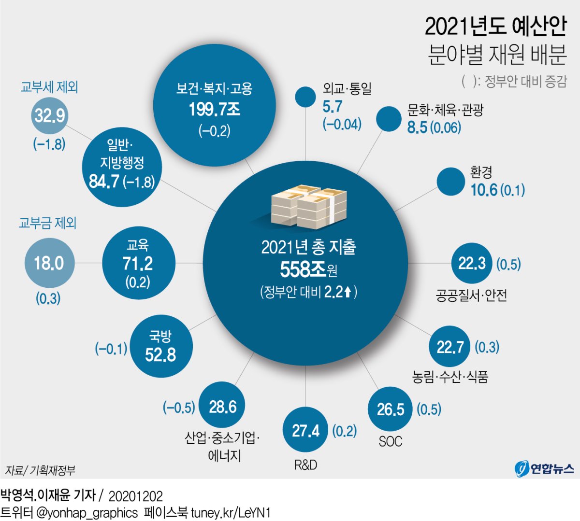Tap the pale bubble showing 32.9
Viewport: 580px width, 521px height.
click(49, 116)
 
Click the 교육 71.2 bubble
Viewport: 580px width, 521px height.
click(138, 263)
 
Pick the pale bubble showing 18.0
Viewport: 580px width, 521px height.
click(49, 263)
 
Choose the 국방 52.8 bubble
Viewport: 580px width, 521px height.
click(161, 346)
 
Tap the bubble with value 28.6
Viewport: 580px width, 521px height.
click(222, 407)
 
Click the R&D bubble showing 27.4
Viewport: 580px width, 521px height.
click(305, 430)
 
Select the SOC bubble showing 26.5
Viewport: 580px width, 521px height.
click(390, 409)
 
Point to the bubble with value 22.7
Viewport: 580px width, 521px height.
click(449, 347)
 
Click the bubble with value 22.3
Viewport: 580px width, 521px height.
click(471, 263)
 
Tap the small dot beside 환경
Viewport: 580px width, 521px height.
click(450, 182)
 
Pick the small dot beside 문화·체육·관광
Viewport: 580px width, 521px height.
click(389, 118)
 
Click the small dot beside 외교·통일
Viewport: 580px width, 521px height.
click(305, 97)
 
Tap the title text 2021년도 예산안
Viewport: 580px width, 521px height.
click(495, 27)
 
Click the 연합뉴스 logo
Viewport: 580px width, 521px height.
click(545, 468)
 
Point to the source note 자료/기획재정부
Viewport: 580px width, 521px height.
click(40, 470)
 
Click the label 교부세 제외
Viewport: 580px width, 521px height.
click(49, 87)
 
